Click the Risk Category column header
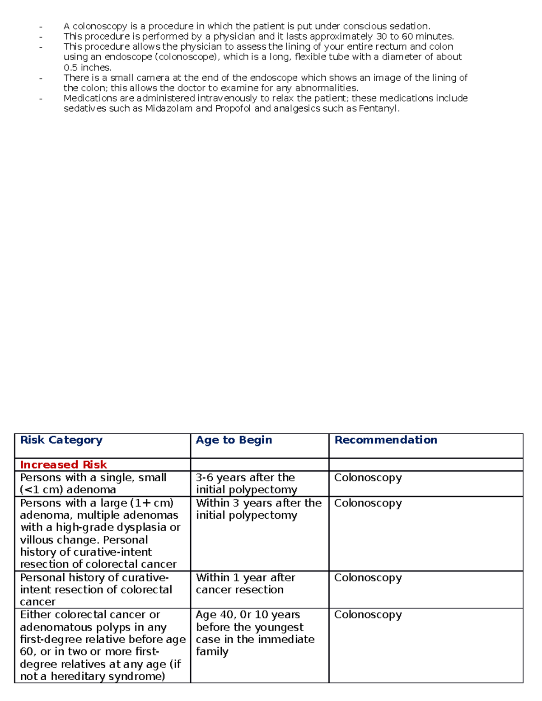[x=61, y=440]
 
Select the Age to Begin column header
[x=234, y=440]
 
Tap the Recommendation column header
[x=386, y=440]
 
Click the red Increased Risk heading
[x=63, y=464]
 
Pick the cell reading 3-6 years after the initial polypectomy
[x=247, y=483]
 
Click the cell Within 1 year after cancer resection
[x=246, y=583]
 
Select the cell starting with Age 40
[x=255, y=633]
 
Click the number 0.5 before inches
[x=70, y=68]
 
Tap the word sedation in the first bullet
[x=409, y=26]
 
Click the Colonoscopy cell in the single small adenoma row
[x=368, y=478]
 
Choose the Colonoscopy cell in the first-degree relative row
[x=368, y=615]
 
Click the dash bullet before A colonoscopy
[x=41, y=27]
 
